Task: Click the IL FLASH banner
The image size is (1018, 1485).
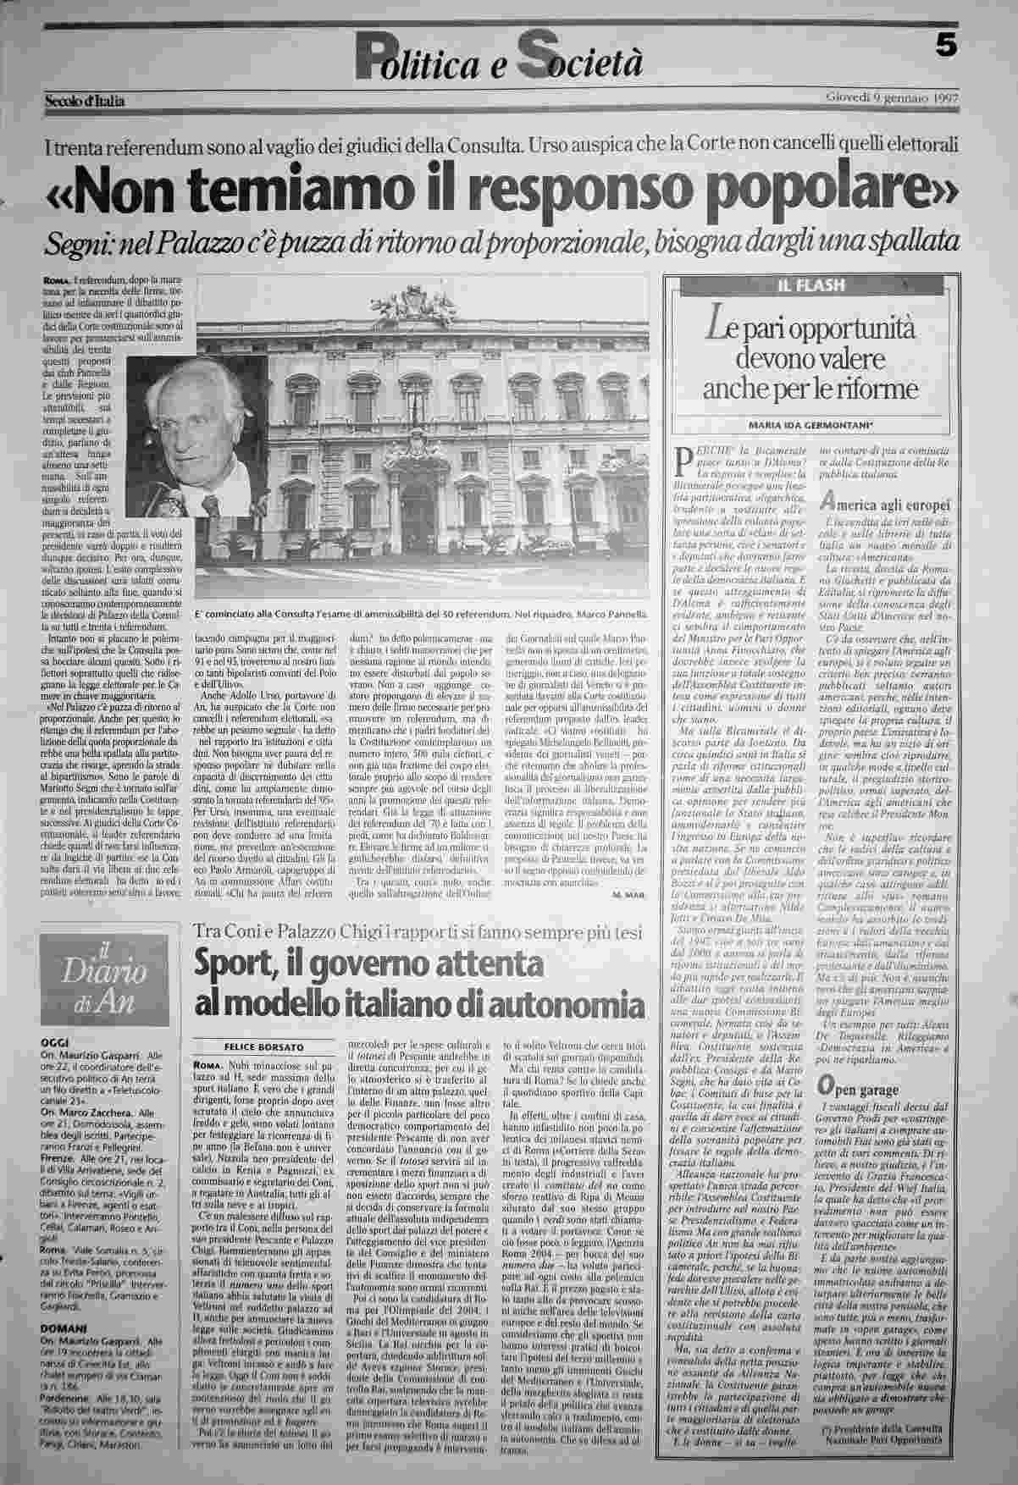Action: (811, 285)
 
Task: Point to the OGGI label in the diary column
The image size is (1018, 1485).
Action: (53, 1043)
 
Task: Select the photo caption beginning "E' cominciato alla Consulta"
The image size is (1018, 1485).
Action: (420, 614)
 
